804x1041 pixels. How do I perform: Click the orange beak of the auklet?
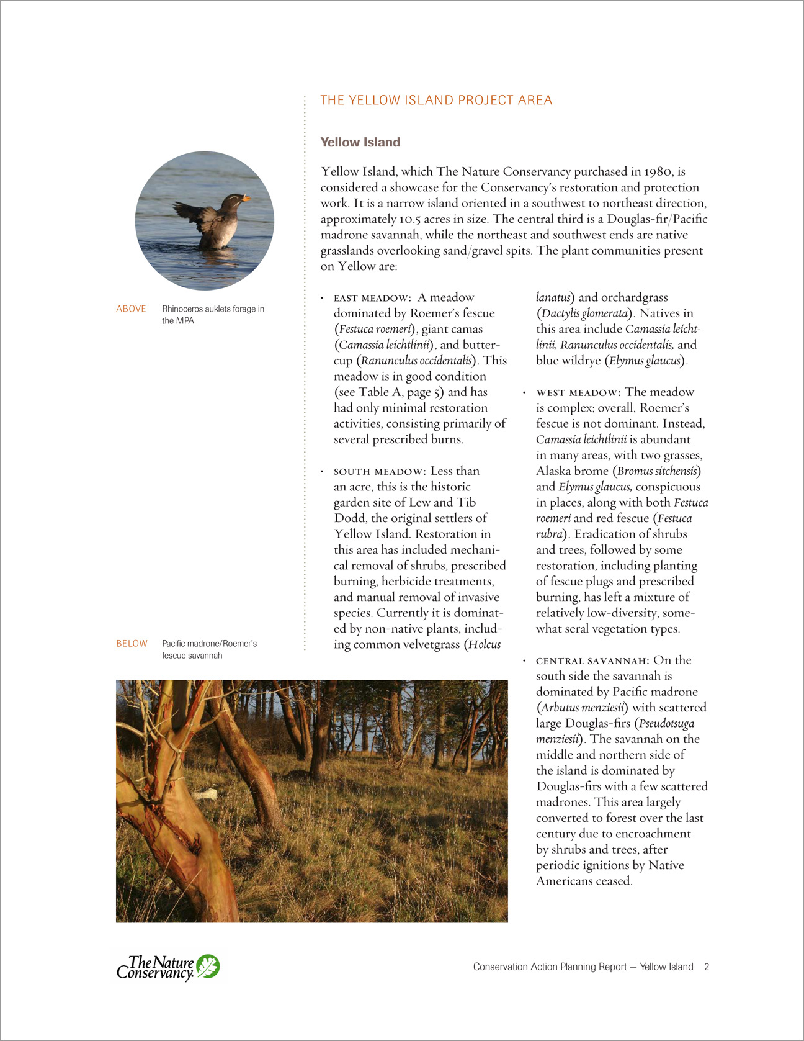point(246,199)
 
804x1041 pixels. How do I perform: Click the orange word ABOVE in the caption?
point(131,309)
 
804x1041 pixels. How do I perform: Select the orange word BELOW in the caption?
point(132,644)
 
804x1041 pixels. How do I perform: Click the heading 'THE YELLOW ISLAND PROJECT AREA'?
point(435,101)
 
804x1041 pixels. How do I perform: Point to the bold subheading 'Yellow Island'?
point(360,142)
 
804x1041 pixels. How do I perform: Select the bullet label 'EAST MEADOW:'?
point(372,299)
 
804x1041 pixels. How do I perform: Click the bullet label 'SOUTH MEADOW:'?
point(378,472)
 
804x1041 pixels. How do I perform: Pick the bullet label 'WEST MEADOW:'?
point(578,393)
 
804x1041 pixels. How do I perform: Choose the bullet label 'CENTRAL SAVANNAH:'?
point(592,661)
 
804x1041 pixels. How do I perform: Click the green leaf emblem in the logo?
point(208,967)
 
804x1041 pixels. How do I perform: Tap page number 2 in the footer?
point(707,967)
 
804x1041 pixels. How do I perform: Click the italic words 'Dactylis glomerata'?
point(584,313)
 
